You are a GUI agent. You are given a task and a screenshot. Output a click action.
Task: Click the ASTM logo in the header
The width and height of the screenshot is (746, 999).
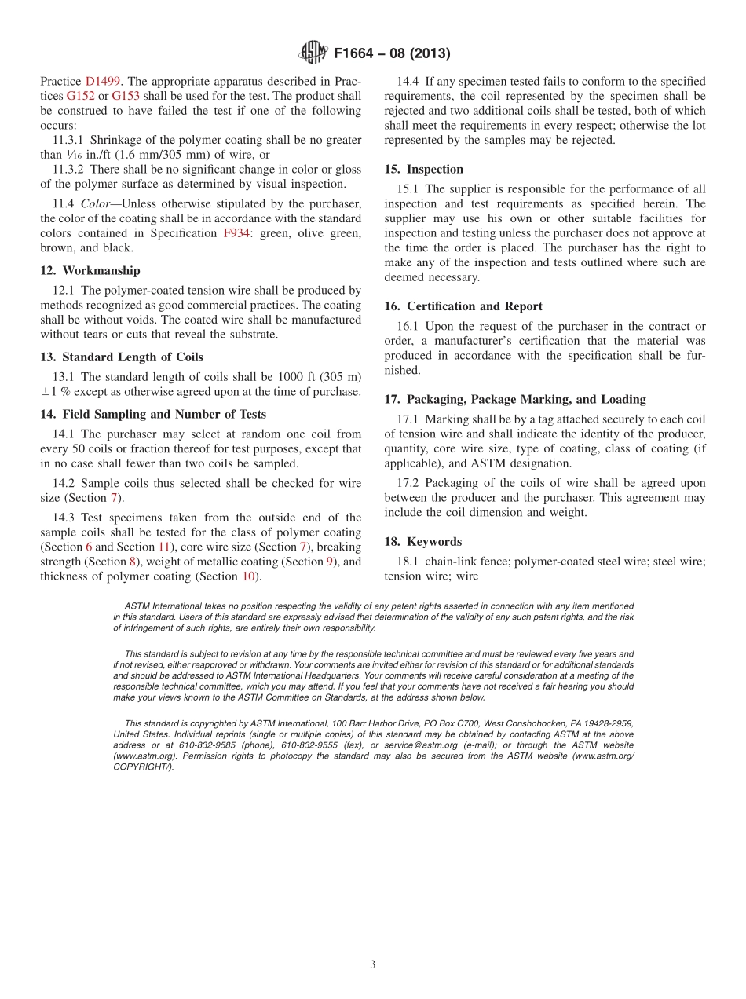pyautogui.click(x=313, y=53)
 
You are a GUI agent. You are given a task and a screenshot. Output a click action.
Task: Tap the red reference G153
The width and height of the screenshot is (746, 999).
pyautogui.click(x=126, y=96)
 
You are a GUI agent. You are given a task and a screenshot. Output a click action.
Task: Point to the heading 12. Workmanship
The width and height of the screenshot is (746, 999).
pyautogui.click(x=90, y=271)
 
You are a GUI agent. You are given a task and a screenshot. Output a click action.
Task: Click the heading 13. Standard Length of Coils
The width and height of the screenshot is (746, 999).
pyautogui.click(x=122, y=357)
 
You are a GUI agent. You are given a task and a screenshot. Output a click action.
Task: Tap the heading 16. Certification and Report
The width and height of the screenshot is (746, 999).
pyautogui.click(x=463, y=306)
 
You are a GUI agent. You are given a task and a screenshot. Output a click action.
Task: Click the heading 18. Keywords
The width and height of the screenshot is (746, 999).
pyautogui.click(x=423, y=542)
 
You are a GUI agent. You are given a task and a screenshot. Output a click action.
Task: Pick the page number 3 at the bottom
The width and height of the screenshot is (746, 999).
pyautogui.click(x=373, y=964)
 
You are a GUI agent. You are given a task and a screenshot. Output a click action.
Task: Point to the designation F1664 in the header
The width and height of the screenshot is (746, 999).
pyautogui.click(x=357, y=54)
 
